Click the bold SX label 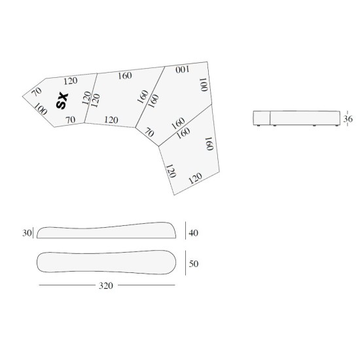62,100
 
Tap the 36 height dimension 348,119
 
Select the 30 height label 27,233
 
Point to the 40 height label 193,233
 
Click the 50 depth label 194,264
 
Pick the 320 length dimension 106,285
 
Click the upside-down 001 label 183,69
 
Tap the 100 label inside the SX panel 41,109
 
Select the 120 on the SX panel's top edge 71,81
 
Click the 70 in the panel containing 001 149,133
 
